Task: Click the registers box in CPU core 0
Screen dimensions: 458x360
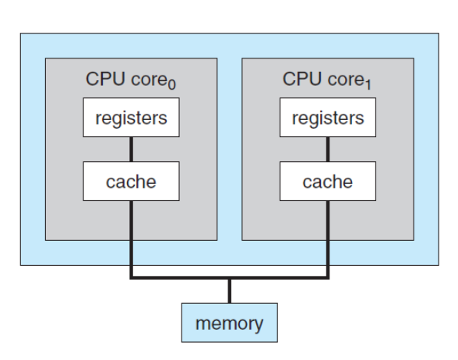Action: click(131, 118)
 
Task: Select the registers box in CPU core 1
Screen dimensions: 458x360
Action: click(328, 118)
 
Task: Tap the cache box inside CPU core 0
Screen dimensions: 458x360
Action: click(131, 181)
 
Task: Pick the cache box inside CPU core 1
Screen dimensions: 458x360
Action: click(328, 181)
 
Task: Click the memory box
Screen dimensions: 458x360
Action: click(230, 323)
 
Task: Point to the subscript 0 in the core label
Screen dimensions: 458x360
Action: click(172, 85)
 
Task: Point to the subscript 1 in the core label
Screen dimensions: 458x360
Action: click(368, 85)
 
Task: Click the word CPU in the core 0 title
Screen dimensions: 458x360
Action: click(105, 79)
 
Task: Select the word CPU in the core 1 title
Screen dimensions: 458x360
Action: click(302, 79)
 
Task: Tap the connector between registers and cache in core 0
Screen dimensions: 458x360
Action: click(131, 150)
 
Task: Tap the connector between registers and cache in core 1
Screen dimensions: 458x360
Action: click(328, 150)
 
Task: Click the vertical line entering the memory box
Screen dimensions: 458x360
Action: click(230, 291)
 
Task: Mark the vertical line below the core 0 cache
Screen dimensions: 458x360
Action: click(132, 238)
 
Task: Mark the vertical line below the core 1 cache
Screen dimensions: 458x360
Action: click(328, 238)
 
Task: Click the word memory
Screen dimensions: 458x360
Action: click(229, 324)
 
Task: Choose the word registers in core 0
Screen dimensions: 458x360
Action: click(131, 118)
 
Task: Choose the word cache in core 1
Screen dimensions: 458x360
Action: click(328, 182)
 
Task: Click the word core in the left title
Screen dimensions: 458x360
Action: click(149, 79)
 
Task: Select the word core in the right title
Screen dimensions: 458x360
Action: click(346, 79)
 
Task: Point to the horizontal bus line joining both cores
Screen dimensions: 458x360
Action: click(230, 277)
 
